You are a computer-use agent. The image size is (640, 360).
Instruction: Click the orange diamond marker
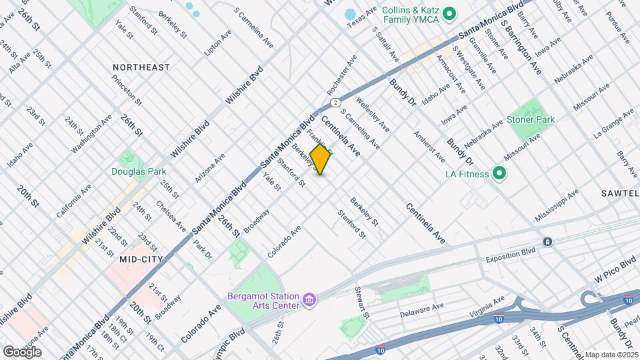point(321,159)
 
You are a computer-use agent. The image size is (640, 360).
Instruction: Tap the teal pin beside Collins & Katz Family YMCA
point(449,13)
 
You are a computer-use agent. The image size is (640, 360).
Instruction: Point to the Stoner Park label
point(531,120)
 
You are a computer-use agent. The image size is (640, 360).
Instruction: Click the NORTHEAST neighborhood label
point(141,67)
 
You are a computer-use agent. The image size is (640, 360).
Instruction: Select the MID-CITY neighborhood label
point(141,258)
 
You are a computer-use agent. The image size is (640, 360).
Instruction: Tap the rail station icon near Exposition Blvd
point(547,241)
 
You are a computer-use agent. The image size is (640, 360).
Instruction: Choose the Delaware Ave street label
point(421,311)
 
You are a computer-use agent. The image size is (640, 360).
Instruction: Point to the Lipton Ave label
point(217,41)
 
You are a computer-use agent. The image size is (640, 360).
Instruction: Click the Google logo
point(22,351)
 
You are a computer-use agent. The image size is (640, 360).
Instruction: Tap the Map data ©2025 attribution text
point(611,355)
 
